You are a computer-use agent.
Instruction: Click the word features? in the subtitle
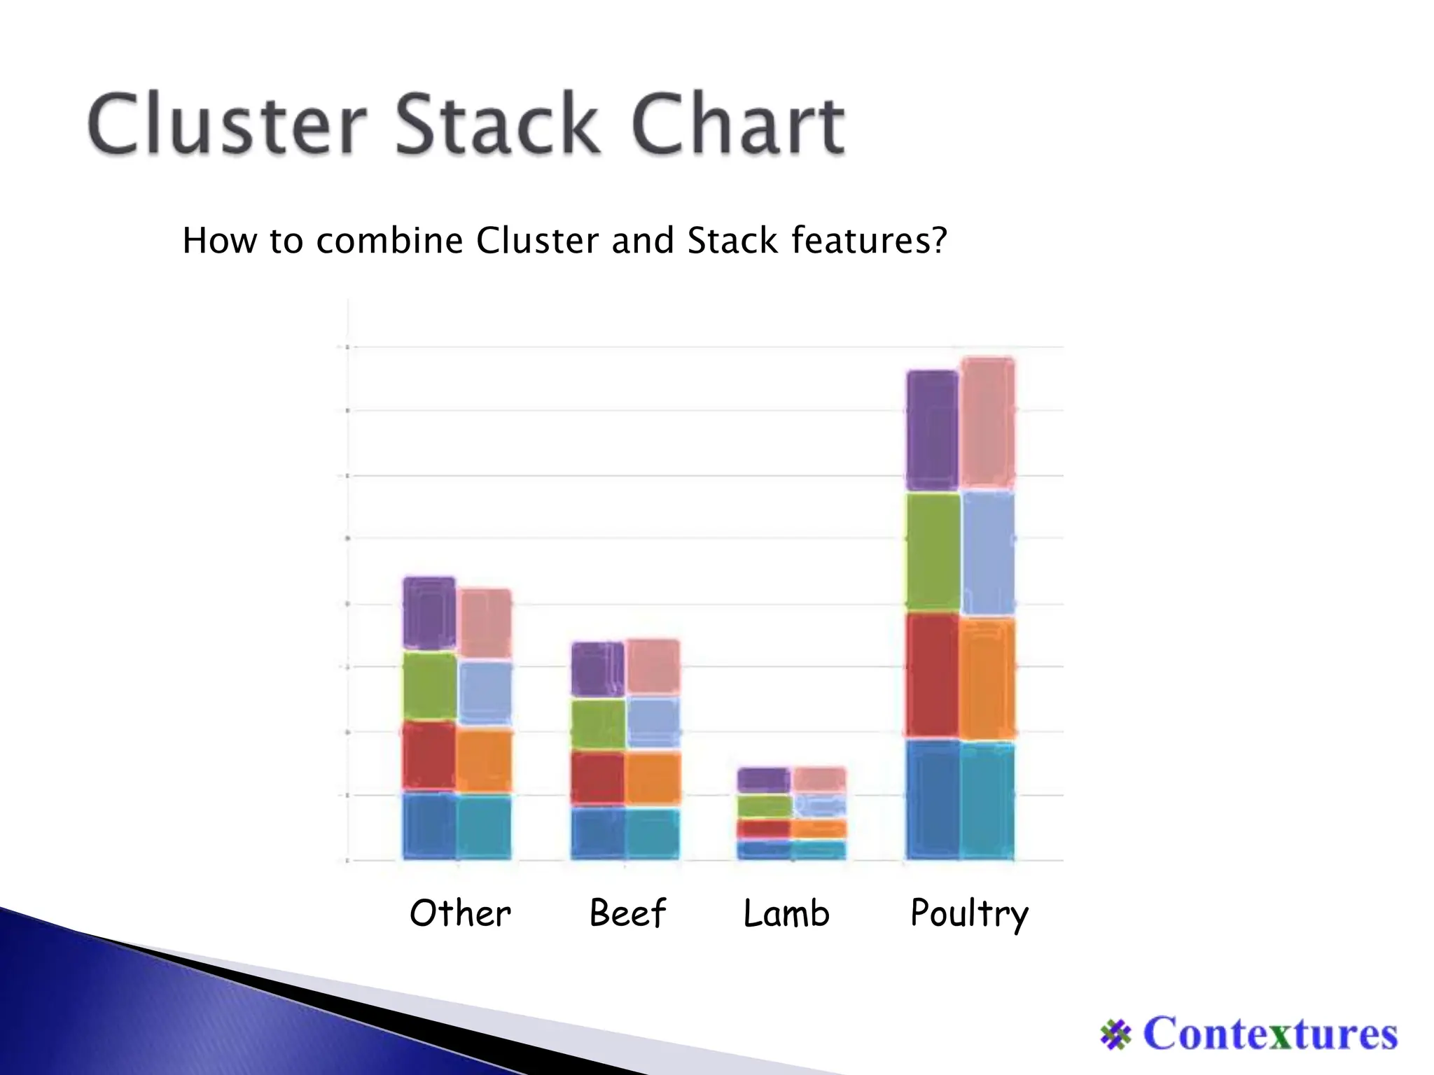[x=869, y=241]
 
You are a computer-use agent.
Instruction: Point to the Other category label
[x=460, y=913]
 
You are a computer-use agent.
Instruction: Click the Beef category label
[x=627, y=913]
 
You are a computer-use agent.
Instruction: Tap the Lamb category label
[x=786, y=913]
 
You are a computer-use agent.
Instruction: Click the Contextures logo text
[x=1269, y=1034]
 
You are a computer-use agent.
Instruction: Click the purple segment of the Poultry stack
[x=933, y=430]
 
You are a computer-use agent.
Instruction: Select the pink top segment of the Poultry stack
[x=988, y=423]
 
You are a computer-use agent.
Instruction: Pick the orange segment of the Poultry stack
[x=987, y=679]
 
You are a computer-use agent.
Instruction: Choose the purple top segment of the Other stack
[x=429, y=613]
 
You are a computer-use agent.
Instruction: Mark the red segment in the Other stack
[x=429, y=756]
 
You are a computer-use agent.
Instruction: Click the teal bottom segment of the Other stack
[x=484, y=826]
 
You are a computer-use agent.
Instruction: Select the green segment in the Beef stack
[x=598, y=724]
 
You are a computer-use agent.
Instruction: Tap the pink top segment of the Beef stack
[x=653, y=666]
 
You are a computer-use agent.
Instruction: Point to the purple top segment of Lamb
[x=764, y=780]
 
